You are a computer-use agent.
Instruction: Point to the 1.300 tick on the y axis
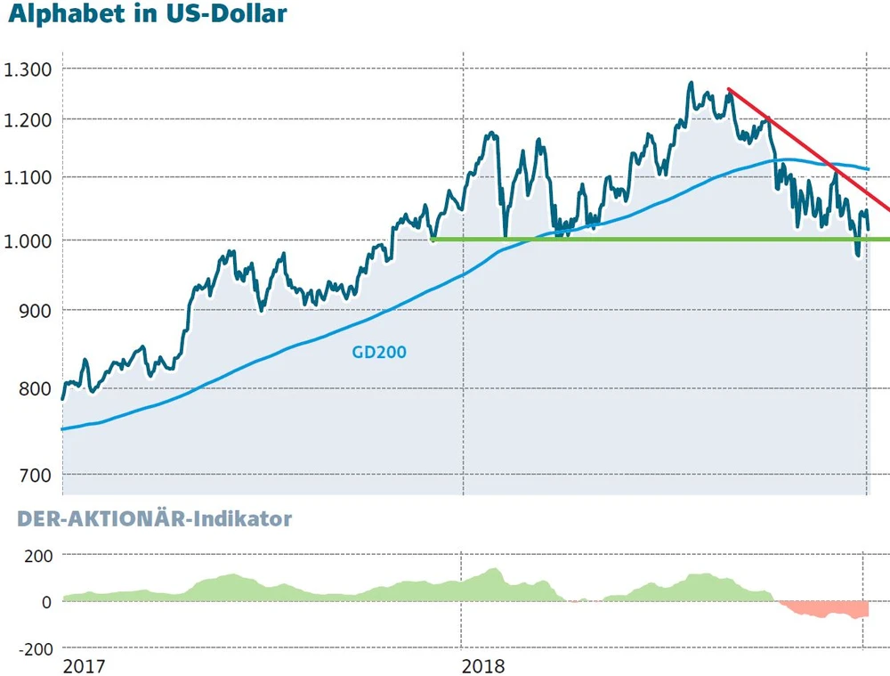(x=29, y=69)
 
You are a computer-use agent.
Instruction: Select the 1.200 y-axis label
(x=29, y=120)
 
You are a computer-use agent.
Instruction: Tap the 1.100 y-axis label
(x=29, y=178)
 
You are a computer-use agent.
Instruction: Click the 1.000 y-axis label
(x=29, y=240)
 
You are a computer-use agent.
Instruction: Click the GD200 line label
(x=379, y=352)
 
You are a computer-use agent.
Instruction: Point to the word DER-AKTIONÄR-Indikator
(x=147, y=518)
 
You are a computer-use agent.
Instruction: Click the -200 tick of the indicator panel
(x=36, y=648)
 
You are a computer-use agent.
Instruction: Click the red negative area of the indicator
(x=828, y=610)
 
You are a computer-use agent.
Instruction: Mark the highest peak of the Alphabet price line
(x=691, y=84)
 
